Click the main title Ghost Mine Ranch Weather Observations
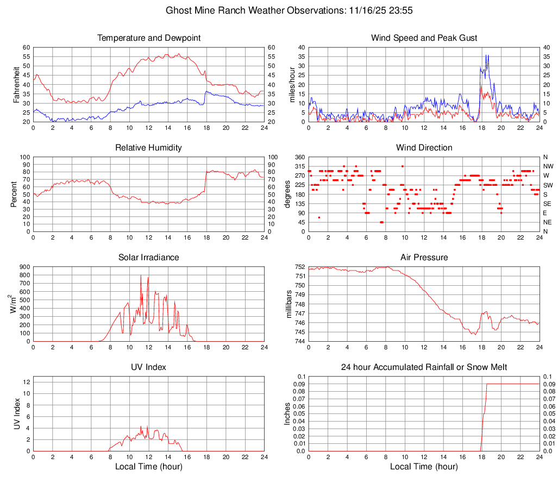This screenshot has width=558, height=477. (x=278, y=10)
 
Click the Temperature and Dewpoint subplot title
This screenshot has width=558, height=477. (x=148, y=38)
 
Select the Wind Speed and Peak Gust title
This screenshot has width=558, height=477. (x=424, y=38)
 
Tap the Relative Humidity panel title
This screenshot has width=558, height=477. (x=148, y=148)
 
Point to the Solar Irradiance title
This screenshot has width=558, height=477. (x=148, y=258)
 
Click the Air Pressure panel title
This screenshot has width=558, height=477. (x=424, y=258)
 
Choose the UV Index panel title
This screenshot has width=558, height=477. (x=148, y=367)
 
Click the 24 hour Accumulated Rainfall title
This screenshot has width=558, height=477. (x=424, y=367)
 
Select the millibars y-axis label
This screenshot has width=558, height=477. (x=290, y=304)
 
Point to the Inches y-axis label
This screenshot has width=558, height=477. (x=287, y=414)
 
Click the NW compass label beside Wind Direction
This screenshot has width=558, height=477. (x=548, y=166)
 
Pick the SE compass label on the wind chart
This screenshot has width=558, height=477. (x=548, y=204)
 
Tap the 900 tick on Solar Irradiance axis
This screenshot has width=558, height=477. (x=24, y=267)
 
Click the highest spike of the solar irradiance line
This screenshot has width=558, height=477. (x=141, y=275)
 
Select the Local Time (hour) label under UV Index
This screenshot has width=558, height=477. (x=148, y=467)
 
